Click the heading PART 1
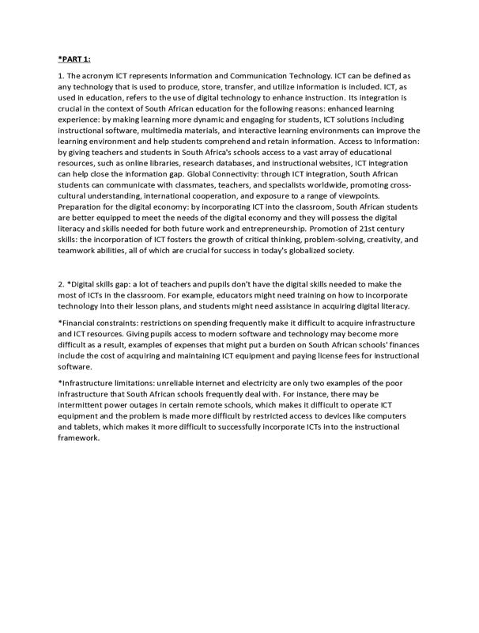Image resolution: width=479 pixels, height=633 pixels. [x=74, y=58]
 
